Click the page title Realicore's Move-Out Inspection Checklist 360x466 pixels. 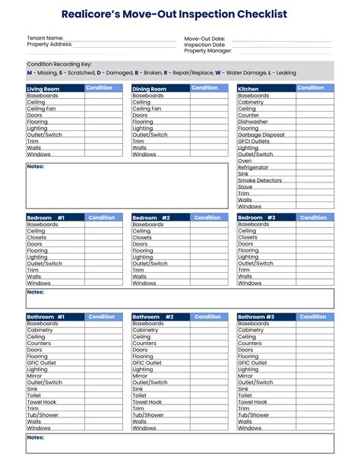point(179,14)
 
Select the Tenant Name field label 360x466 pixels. point(45,37)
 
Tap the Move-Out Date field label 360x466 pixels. point(204,38)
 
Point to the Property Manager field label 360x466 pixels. point(207,51)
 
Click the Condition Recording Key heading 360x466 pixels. point(59,65)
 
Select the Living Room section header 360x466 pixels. point(43,89)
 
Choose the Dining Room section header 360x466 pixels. point(150,89)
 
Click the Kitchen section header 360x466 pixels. point(248,89)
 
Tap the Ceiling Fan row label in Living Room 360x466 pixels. point(41,109)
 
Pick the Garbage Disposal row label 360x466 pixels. point(261,135)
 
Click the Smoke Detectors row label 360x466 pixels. point(260,180)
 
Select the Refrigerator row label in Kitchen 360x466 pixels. point(253,167)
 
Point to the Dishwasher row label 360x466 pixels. point(253,122)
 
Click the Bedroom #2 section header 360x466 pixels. point(151,218)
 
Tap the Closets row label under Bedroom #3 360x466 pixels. point(248,237)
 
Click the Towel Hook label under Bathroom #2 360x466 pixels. point(147,402)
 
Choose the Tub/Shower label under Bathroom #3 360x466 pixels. point(254,415)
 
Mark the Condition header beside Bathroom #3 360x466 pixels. point(313,317)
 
